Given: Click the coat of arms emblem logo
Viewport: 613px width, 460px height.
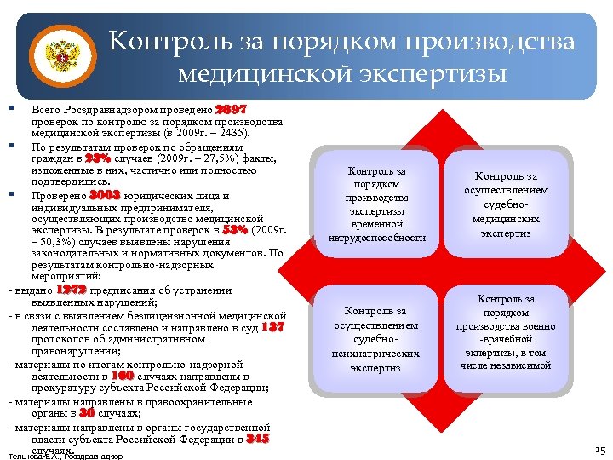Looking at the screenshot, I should (60, 58).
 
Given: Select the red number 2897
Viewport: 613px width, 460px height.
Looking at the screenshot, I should (231, 111).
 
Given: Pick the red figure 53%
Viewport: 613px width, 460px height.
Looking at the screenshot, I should (235, 230).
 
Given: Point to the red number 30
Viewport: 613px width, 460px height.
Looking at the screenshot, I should (86, 412).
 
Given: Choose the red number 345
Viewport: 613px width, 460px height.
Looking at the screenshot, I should (257, 439).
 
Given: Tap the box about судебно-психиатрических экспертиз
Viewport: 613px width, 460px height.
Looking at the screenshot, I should (376, 339).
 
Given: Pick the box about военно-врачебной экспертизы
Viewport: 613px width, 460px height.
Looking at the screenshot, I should (505, 332).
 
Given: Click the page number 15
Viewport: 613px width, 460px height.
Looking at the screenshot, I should (599, 449).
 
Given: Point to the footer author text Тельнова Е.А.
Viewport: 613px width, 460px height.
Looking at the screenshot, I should (63, 456).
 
